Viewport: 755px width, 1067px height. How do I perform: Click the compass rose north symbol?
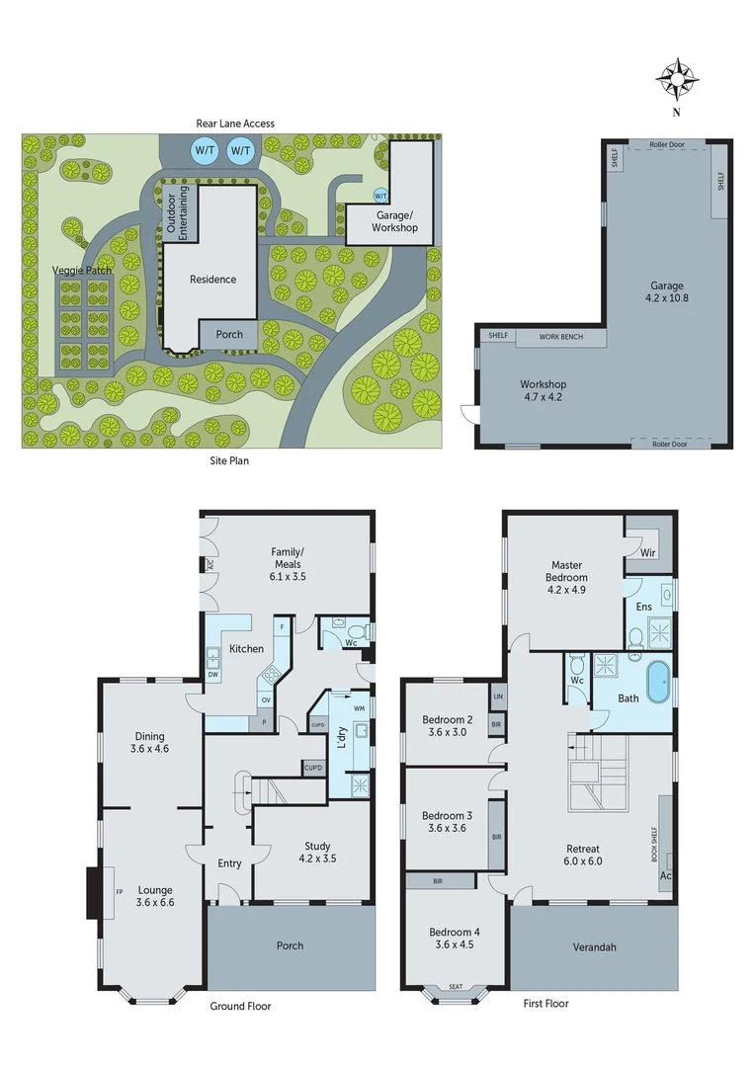pos(678,81)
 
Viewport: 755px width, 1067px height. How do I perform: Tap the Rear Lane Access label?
pos(235,123)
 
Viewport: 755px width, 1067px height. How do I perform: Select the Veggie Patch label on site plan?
pos(83,270)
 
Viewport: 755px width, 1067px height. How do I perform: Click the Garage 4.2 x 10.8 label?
pos(667,292)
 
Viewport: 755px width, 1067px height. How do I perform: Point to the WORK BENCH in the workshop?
pos(560,337)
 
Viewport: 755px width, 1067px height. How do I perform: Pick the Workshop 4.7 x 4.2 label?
pos(543,391)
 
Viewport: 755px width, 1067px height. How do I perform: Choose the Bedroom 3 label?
pos(447,822)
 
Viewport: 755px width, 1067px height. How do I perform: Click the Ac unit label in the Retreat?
pos(665,876)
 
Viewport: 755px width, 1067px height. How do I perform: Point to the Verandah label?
pos(594,946)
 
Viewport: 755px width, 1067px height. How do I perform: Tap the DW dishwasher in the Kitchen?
pos(213,675)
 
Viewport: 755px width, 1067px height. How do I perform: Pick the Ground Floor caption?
pos(240,1006)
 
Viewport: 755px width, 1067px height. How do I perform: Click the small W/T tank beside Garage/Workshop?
pos(381,195)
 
